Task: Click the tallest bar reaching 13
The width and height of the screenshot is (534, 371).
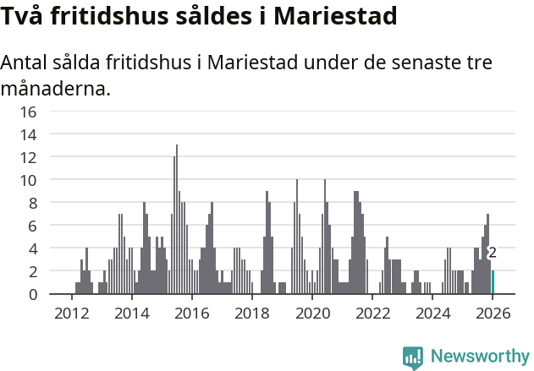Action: (x=177, y=220)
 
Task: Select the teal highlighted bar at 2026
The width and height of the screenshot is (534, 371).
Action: (x=493, y=282)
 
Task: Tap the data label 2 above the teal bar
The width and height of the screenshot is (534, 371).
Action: (x=493, y=253)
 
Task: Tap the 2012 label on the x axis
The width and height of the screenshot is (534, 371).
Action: (x=71, y=313)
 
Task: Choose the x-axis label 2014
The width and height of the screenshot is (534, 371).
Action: (x=131, y=313)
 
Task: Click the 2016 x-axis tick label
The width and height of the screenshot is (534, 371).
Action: (x=191, y=313)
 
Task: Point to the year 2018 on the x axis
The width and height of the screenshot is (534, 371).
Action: (x=251, y=313)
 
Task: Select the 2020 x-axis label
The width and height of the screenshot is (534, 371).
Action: (x=311, y=313)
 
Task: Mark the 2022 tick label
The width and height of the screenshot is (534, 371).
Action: (x=372, y=313)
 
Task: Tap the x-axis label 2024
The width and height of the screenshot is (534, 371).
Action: (x=432, y=313)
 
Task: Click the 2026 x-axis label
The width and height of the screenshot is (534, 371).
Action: (x=492, y=313)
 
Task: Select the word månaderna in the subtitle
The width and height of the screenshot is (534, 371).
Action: (x=55, y=87)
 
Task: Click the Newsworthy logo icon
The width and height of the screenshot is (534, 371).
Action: (x=413, y=357)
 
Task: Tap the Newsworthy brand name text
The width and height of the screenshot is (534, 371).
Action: (x=479, y=357)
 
